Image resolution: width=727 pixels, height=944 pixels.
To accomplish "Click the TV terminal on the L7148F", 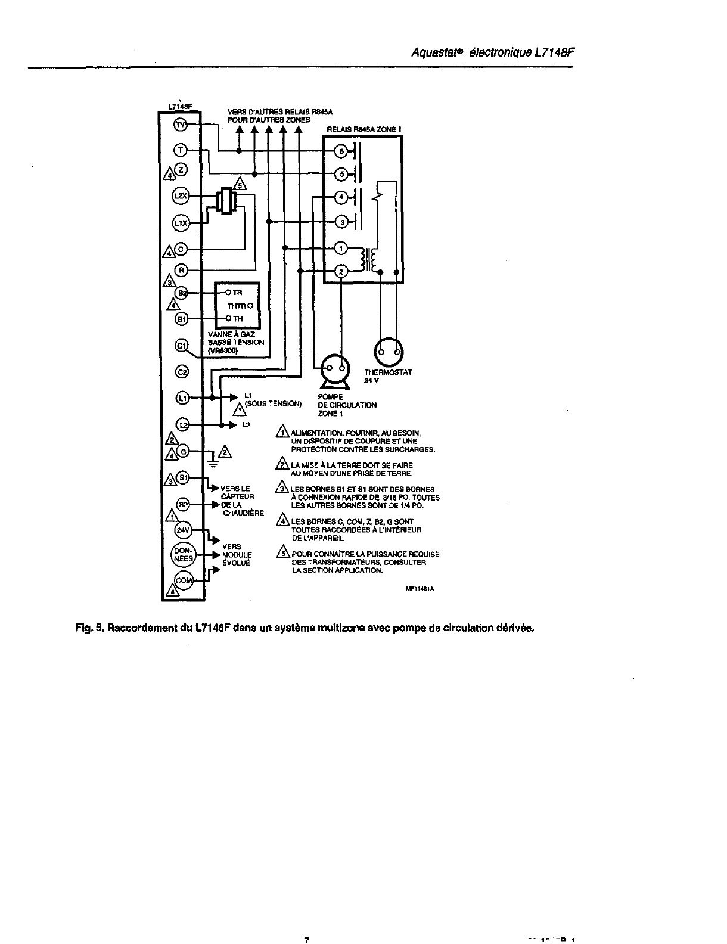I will [180, 125].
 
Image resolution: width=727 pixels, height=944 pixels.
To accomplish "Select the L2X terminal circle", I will [180, 195].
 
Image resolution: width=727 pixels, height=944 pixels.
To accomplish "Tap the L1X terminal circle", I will [180, 223].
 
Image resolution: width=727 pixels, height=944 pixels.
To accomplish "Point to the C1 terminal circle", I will [181, 345].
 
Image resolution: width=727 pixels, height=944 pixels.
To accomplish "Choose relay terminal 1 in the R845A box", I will [341, 248].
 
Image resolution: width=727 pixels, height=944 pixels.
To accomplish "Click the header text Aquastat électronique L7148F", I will [492, 52].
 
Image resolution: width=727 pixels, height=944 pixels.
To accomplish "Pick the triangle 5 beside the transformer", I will [240, 183].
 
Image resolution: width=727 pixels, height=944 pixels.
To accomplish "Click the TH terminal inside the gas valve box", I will [237, 319].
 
